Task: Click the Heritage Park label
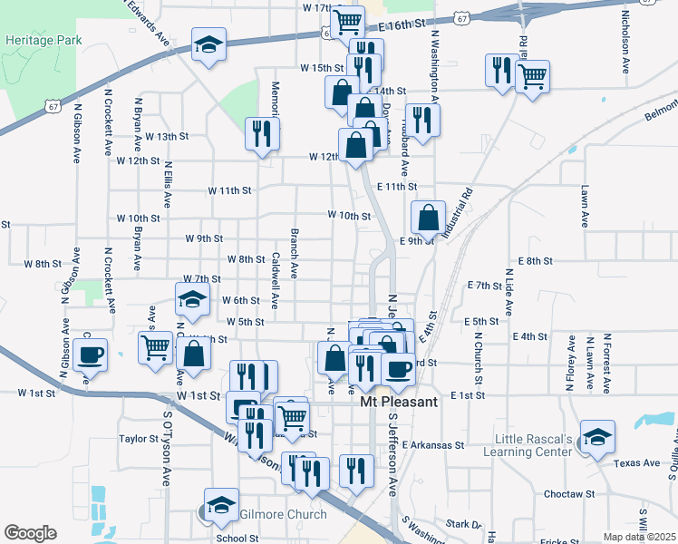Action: (x=43, y=41)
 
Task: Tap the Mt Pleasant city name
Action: (x=400, y=402)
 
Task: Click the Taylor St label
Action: (x=139, y=438)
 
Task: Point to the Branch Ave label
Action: (x=295, y=252)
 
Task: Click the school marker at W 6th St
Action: (x=192, y=298)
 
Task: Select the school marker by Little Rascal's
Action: (x=598, y=436)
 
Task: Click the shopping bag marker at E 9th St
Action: (x=428, y=218)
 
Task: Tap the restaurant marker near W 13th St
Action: (x=261, y=133)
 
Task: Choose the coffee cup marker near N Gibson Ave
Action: (x=92, y=355)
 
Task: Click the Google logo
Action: (x=30, y=533)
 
